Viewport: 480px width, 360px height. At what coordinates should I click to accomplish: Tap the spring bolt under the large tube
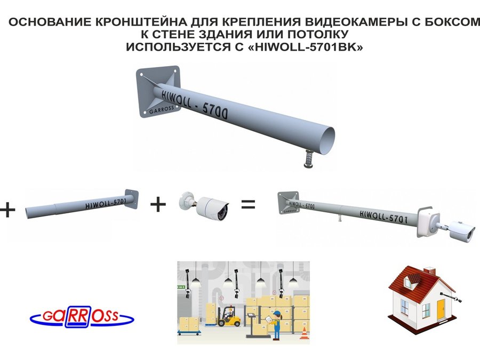pyautogui.click(x=309, y=158)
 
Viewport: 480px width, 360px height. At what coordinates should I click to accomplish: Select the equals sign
pyautogui.click(x=248, y=204)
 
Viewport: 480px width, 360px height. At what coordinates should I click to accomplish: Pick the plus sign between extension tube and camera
pyautogui.click(x=158, y=204)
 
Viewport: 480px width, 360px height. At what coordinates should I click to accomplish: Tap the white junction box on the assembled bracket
pyautogui.click(x=428, y=222)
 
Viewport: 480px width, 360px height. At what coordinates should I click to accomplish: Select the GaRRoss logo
pyautogui.click(x=82, y=316)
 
